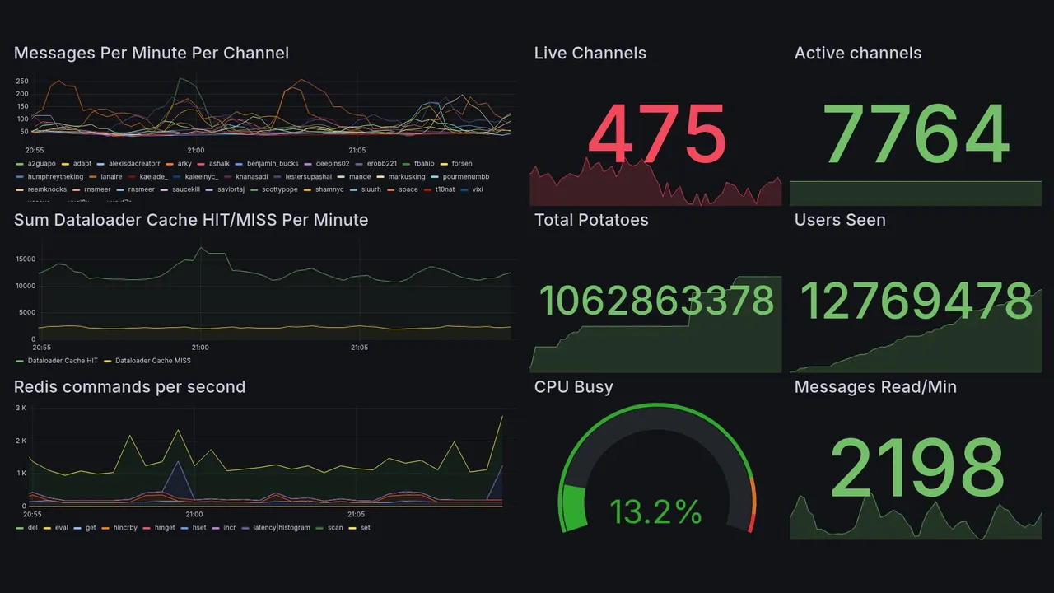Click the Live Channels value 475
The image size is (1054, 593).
pyautogui.click(x=657, y=134)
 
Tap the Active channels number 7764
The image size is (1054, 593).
pyautogui.click(x=916, y=134)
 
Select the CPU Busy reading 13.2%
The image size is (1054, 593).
pyautogui.click(x=655, y=512)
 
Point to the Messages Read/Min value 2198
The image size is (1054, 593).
pyautogui.click(x=916, y=467)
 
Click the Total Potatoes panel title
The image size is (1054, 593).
pyautogui.click(x=590, y=220)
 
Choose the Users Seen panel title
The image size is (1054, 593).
pyautogui.click(x=840, y=220)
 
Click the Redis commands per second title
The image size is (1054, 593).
pyautogui.click(x=129, y=387)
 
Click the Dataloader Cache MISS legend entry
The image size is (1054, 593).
pyautogui.click(x=152, y=361)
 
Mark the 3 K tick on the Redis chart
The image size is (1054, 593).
pyautogui.click(x=21, y=409)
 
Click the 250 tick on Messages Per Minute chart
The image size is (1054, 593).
pyautogui.click(x=22, y=82)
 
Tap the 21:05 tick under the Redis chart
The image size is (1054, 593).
pyautogui.click(x=357, y=514)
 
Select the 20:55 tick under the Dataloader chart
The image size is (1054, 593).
pyautogui.click(x=39, y=348)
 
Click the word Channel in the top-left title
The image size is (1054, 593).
pyautogui.click(x=259, y=54)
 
